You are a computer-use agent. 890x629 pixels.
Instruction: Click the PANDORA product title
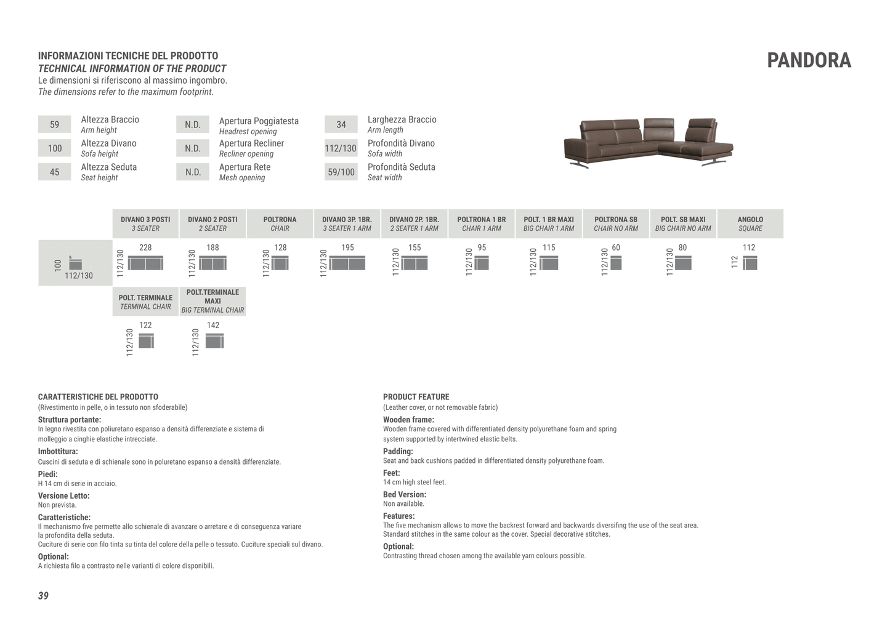click(809, 60)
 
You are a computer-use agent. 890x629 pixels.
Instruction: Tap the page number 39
click(43, 596)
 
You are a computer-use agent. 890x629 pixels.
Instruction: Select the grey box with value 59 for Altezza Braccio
click(54, 124)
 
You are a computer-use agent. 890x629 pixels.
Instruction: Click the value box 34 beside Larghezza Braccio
click(341, 124)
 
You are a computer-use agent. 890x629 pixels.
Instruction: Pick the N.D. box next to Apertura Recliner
click(193, 148)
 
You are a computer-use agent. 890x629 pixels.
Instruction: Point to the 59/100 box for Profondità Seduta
click(341, 172)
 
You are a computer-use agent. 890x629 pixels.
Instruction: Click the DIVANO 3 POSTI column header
click(145, 223)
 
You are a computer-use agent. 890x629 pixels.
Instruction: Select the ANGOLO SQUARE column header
click(750, 223)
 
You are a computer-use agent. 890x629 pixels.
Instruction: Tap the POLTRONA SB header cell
click(615, 223)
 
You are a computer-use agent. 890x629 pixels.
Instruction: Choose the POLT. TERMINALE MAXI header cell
click(212, 301)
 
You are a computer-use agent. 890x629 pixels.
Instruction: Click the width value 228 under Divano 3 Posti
click(145, 247)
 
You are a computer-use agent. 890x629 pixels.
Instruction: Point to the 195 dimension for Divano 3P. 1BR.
click(347, 247)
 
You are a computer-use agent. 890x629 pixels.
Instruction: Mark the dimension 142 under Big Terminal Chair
click(213, 325)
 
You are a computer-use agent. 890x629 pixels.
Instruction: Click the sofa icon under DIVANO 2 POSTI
click(213, 263)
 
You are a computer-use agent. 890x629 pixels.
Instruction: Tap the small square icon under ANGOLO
click(750, 263)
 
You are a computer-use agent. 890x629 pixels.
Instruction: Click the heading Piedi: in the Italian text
click(48, 474)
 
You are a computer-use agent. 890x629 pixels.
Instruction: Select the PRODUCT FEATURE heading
click(416, 397)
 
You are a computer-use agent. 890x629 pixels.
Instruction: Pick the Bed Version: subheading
click(404, 494)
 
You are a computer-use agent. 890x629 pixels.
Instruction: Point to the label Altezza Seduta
click(109, 167)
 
